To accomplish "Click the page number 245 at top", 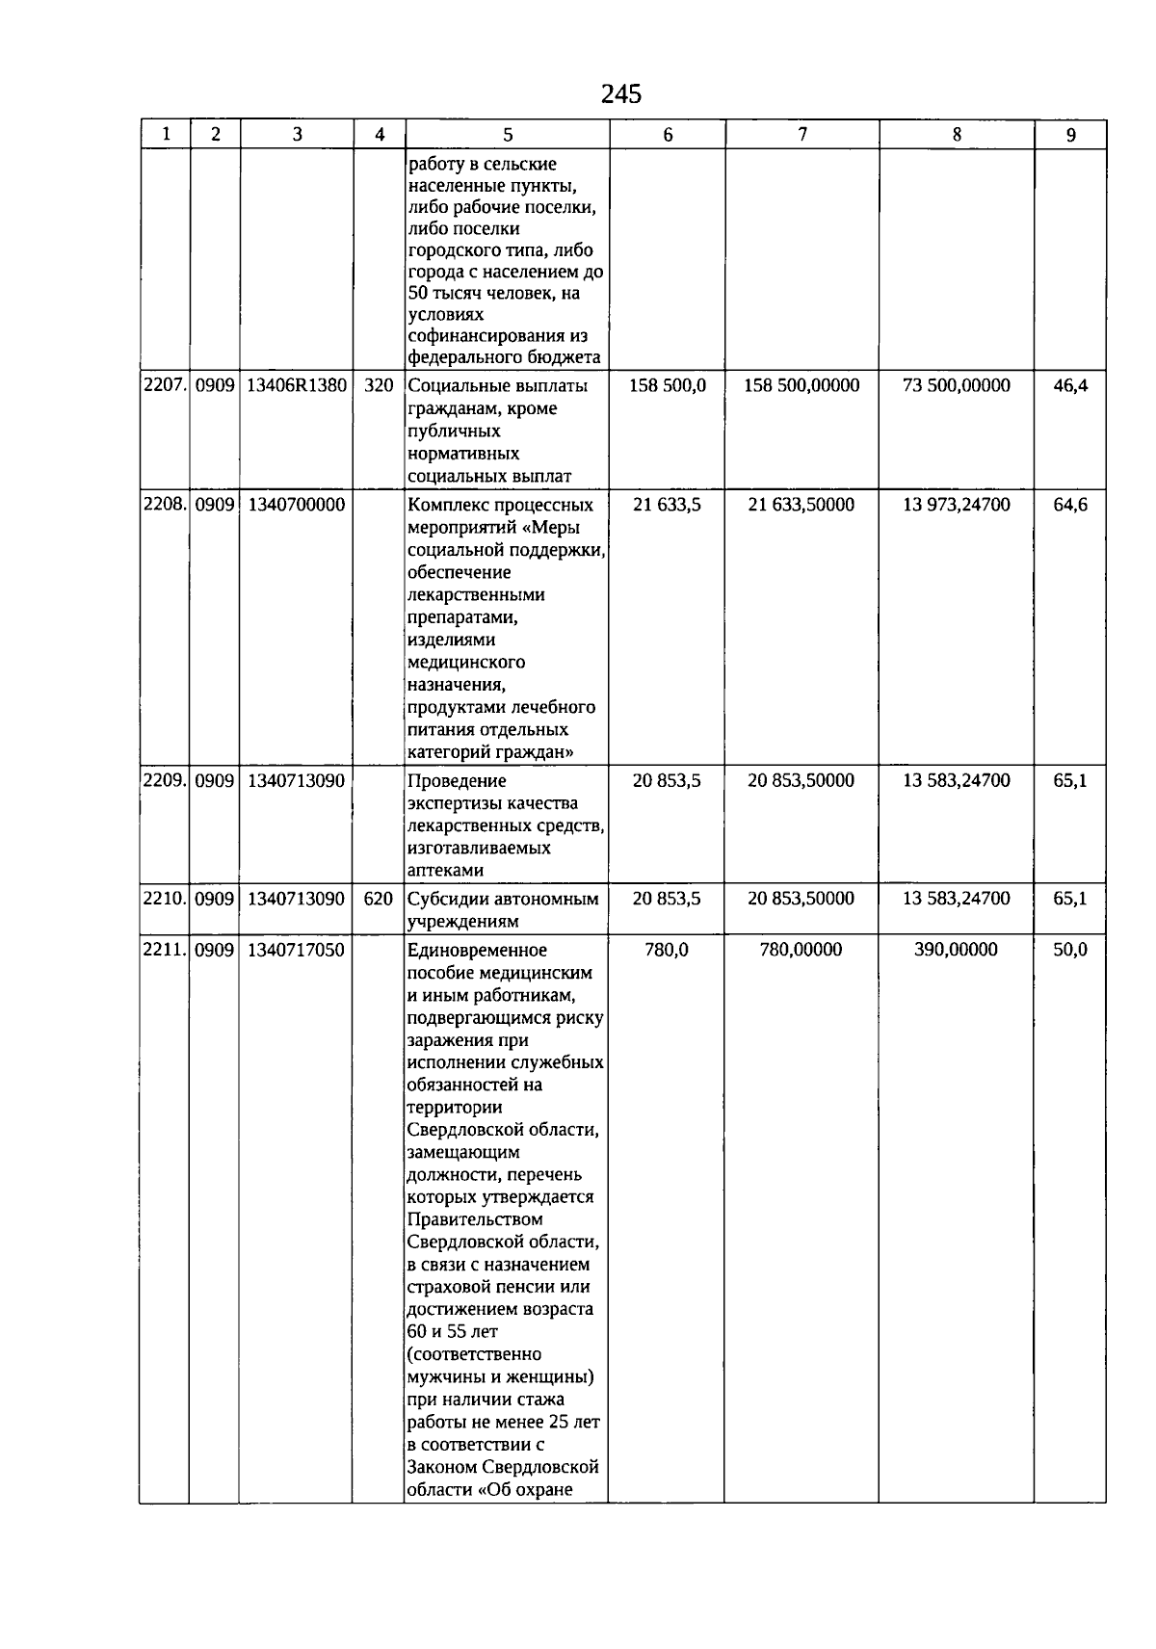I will pyautogui.click(x=620, y=93).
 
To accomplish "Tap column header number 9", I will pyautogui.click(x=1070, y=135).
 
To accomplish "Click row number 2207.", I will pyautogui.click(x=164, y=385).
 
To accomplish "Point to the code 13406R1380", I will pyautogui.click(x=297, y=385).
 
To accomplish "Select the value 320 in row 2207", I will pyautogui.click(x=379, y=385).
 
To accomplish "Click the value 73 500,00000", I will pyautogui.click(x=956, y=385).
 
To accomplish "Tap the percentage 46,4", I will pyautogui.click(x=1070, y=385).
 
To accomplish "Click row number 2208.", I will pyautogui.click(x=164, y=505).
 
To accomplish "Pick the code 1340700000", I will pyautogui.click(x=296, y=505).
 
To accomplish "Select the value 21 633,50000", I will pyautogui.click(x=801, y=505).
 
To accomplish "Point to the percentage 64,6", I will pyautogui.click(x=1070, y=505).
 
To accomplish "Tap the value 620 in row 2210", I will pyautogui.click(x=379, y=899).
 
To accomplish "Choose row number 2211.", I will pyautogui.click(x=164, y=950).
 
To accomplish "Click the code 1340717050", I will pyautogui.click(x=296, y=950).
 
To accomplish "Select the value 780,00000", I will pyautogui.click(x=801, y=950).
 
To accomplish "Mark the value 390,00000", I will pyautogui.click(x=956, y=950).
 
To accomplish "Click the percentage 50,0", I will pyautogui.click(x=1070, y=950).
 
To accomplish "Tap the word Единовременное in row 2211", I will pyautogui.click(x=477, y=951).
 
